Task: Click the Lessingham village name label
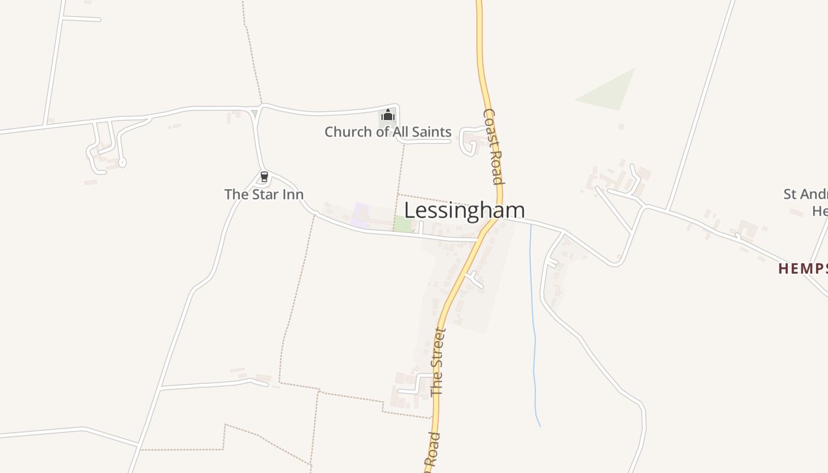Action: click(464, 210)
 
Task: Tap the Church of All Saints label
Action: click(387, 132)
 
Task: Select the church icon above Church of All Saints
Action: click(387, 114)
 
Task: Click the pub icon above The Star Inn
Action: click(264, 177)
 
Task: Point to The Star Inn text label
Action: click(264, 194)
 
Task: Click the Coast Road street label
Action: click(493, 146)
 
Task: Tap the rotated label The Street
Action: click(438, 361)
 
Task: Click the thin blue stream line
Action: click(534, 331)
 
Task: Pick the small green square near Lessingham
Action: click(403, 224)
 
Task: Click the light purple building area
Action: click(360, 215)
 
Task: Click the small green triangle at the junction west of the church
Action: click(254, 113)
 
